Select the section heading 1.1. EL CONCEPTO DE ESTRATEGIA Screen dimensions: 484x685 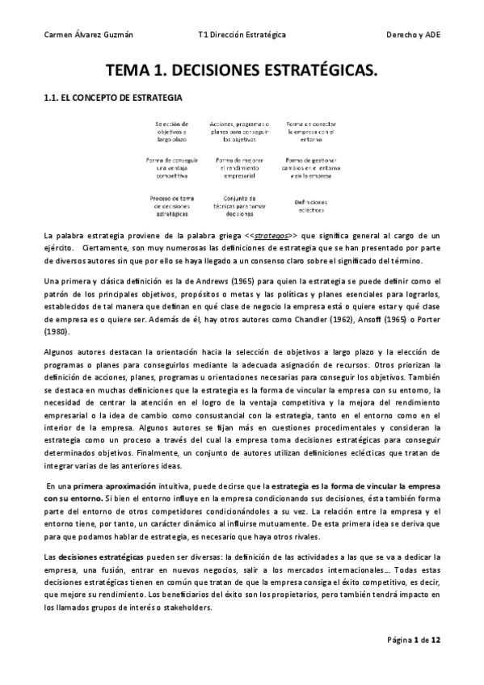pyautogui.click(x=112, y=98)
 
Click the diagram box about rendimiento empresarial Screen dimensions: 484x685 pyautogui.click(x=240, y=167)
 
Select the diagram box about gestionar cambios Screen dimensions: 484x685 pyautogui.click(x=309, y=167)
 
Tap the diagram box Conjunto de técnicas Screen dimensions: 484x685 pyautogui.click(x=240, y=206)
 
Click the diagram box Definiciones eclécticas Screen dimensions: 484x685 pyautogui.click(x=309, y=206)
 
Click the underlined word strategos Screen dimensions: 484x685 pyautogui.click(x=272, y=234)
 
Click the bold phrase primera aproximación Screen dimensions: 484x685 pyautogui.click(x=113, y=487)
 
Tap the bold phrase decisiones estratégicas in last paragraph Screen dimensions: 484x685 pyautogui.click(x=101, y=557)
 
